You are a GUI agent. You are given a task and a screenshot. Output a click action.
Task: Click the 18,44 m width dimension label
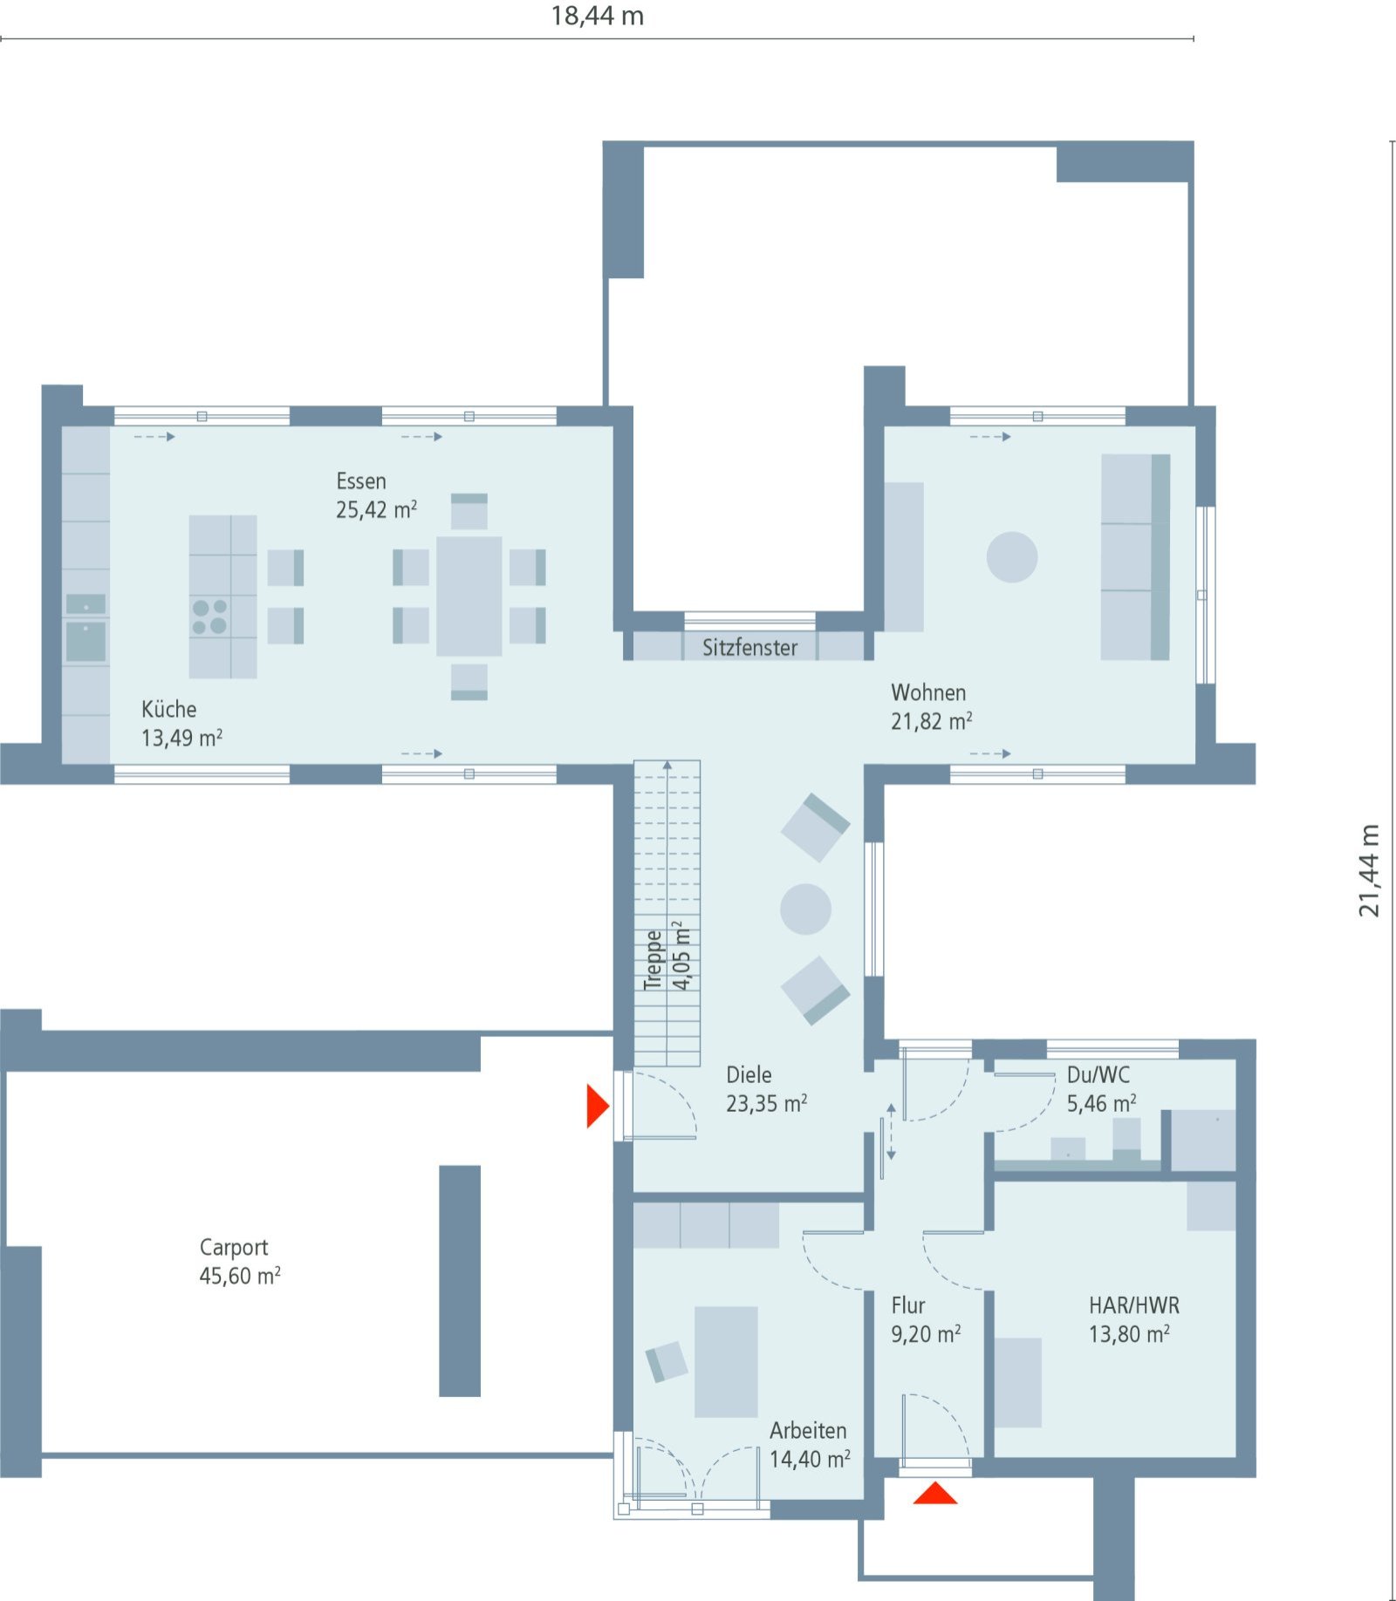(x=597, y=16)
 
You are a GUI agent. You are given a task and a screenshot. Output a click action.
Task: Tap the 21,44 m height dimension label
(x=1369, y=870)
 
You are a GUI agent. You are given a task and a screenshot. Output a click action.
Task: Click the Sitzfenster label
(x=749, y=647)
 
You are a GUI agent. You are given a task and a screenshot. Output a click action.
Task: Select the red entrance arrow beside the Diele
(x=596, y=1106)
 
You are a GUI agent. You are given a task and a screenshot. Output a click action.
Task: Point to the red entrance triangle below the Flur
(x=934, y=1495)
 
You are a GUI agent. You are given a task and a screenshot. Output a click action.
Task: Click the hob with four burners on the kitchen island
(x=209, y=616)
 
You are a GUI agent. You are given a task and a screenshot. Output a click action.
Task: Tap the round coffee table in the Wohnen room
(x=1012, y=556)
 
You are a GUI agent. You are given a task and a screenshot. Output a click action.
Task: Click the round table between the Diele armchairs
(x=804, y=909)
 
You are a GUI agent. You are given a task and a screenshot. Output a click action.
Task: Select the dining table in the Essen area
(x=469, y=596)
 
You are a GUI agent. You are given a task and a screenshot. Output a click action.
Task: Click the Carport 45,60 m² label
(x=239, y=1261)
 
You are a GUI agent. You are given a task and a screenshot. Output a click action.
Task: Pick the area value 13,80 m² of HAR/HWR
(x=1128, y=1334)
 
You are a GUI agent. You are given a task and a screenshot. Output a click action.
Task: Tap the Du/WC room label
(x=1098, y=1074)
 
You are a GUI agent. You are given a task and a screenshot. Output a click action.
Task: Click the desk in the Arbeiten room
(x=726, y=1361)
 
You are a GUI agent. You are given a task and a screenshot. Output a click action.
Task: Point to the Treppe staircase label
(x=654, y=959)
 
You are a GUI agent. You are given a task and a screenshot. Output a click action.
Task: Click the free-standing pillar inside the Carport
(x=460, y=1280)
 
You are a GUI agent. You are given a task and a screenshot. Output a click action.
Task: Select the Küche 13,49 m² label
(x=181, y=723)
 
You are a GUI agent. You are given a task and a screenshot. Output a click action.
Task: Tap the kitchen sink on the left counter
(x=86, y=640)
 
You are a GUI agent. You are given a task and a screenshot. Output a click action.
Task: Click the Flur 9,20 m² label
(x=924, y=1319)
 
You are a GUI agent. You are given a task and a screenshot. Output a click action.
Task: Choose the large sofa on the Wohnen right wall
(x=1133, y=556)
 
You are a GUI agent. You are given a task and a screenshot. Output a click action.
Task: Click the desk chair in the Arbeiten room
(x=667, y=1361)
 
